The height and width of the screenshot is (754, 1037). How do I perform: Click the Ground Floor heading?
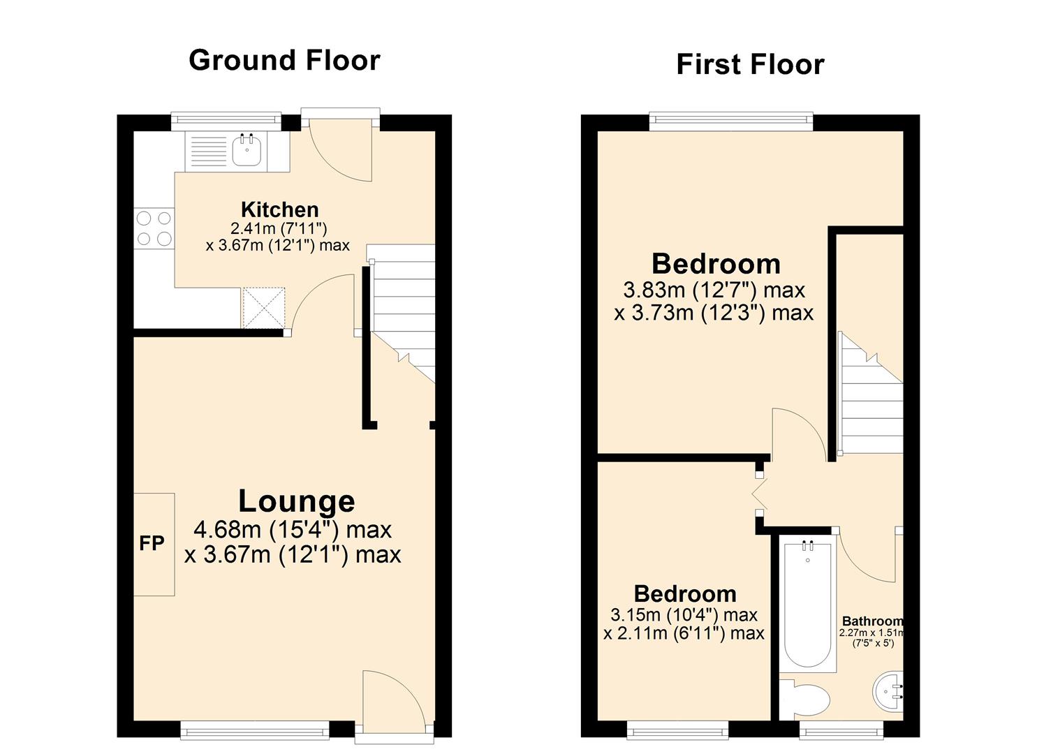click(x=284, y=60)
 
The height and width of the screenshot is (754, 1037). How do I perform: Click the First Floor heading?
click(x=750, y=64)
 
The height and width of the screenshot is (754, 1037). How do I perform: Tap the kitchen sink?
click(x=247, y=150)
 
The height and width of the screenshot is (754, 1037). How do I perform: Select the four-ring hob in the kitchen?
click(x=154, y=228)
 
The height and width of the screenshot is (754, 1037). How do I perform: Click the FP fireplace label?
click(x=152, y=543)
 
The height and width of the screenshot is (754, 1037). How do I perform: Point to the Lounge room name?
click(x=296, y=501)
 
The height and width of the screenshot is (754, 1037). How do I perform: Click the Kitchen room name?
click(x=279, y=209)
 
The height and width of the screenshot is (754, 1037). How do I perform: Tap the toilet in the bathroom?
click(x=806, y=699)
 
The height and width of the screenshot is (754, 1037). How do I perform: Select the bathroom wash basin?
click(x=889, y=692)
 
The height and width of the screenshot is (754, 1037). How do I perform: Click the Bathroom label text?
click(x=872, y=621)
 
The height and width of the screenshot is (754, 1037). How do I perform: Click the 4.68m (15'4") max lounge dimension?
click(x=292, y=530)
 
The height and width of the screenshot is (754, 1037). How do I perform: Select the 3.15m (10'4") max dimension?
click(x=684, y=615)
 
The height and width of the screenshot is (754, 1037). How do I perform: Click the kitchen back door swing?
click(x=340, y=150)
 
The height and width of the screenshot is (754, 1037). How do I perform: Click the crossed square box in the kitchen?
click(x=263, y=307)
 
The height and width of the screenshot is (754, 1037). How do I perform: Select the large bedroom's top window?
click(x=731, y=122)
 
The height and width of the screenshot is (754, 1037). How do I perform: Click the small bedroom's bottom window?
click(x=677, y=730)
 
